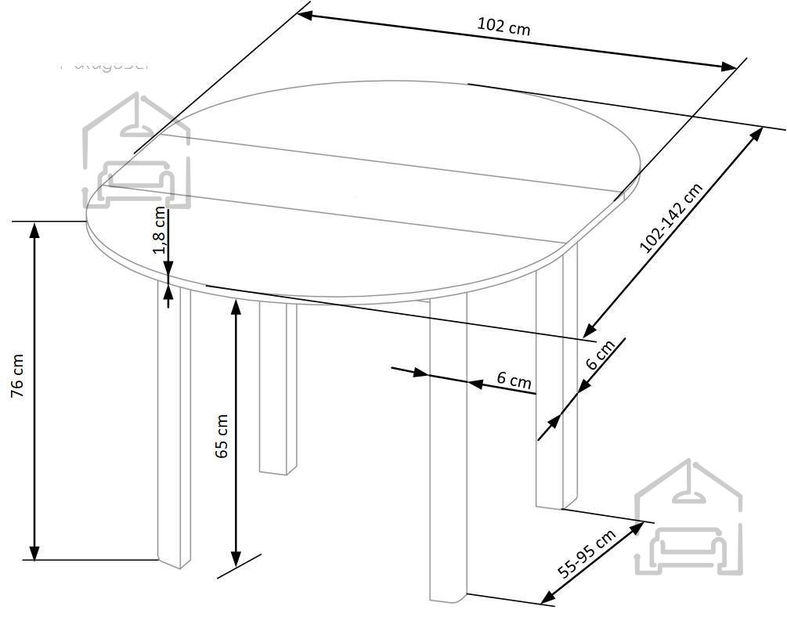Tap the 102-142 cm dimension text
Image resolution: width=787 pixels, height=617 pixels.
[x=671, y=218]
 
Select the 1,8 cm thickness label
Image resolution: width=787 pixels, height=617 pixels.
[x=160, y=232]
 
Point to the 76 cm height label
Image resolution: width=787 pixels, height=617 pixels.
[x=18, y=377]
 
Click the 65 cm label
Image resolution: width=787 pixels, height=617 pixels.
[x=222, y=436]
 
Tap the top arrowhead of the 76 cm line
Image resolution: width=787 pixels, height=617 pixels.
[x=34, y=229]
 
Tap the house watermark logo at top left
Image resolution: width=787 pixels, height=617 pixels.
[x=137, y=152]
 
